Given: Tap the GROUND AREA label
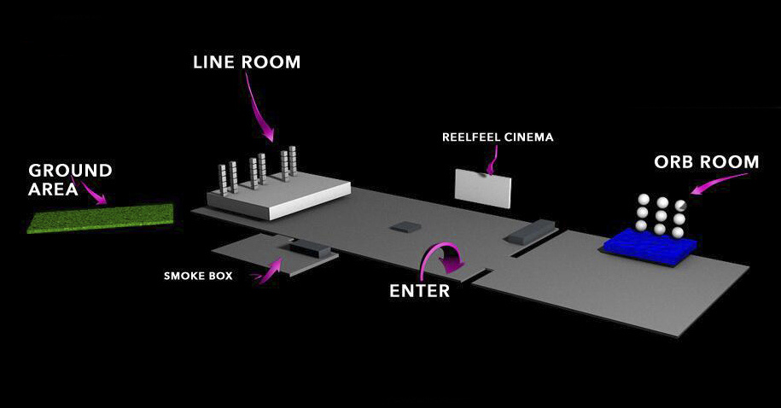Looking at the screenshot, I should click(x=70, y=179).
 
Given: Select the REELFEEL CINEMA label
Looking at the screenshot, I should click(x=498, y=137).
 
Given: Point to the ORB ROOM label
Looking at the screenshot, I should click(x=706, y=162).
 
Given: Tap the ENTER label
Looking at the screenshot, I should click(x=419, y=290).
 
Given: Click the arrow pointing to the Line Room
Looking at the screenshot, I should click(x=259, y=107).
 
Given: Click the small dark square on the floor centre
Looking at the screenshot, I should click(x=404, y=227).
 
